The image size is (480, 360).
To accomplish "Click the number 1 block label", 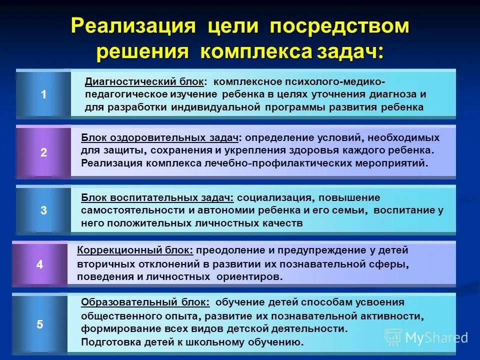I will click(x=44, y=94).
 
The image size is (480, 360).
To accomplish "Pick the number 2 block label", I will click(x=44, y=153).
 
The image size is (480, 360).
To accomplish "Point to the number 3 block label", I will click(x=44, y=210).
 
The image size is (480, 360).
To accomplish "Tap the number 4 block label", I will click(x=40, y=265).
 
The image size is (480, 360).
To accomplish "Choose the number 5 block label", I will click(x=40, y=324).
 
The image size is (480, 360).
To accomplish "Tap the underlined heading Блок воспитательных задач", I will click(x=157, y=197).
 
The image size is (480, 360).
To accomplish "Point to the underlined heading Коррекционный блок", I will click(x=135, y=250).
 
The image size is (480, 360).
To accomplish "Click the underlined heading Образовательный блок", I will click(x=145, y=302).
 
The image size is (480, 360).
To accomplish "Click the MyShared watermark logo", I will click(x=426, y=337).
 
